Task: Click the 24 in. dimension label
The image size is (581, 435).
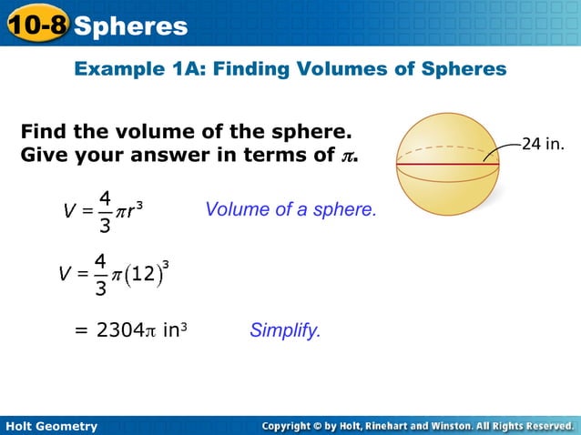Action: [544, 143]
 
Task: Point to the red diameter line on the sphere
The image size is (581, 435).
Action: [446, 164]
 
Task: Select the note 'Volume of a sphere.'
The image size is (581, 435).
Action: [290, 209]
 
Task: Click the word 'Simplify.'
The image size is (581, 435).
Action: [285, 330]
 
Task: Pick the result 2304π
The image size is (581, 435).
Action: [127, 330]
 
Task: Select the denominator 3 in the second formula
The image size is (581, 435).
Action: [101, 290]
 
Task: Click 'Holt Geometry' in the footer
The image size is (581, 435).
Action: [51, 425]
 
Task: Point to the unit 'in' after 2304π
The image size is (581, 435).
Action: [170, 330]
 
